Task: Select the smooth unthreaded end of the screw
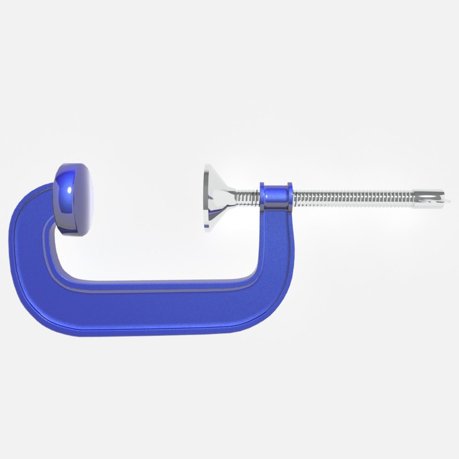coord(427,199)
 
